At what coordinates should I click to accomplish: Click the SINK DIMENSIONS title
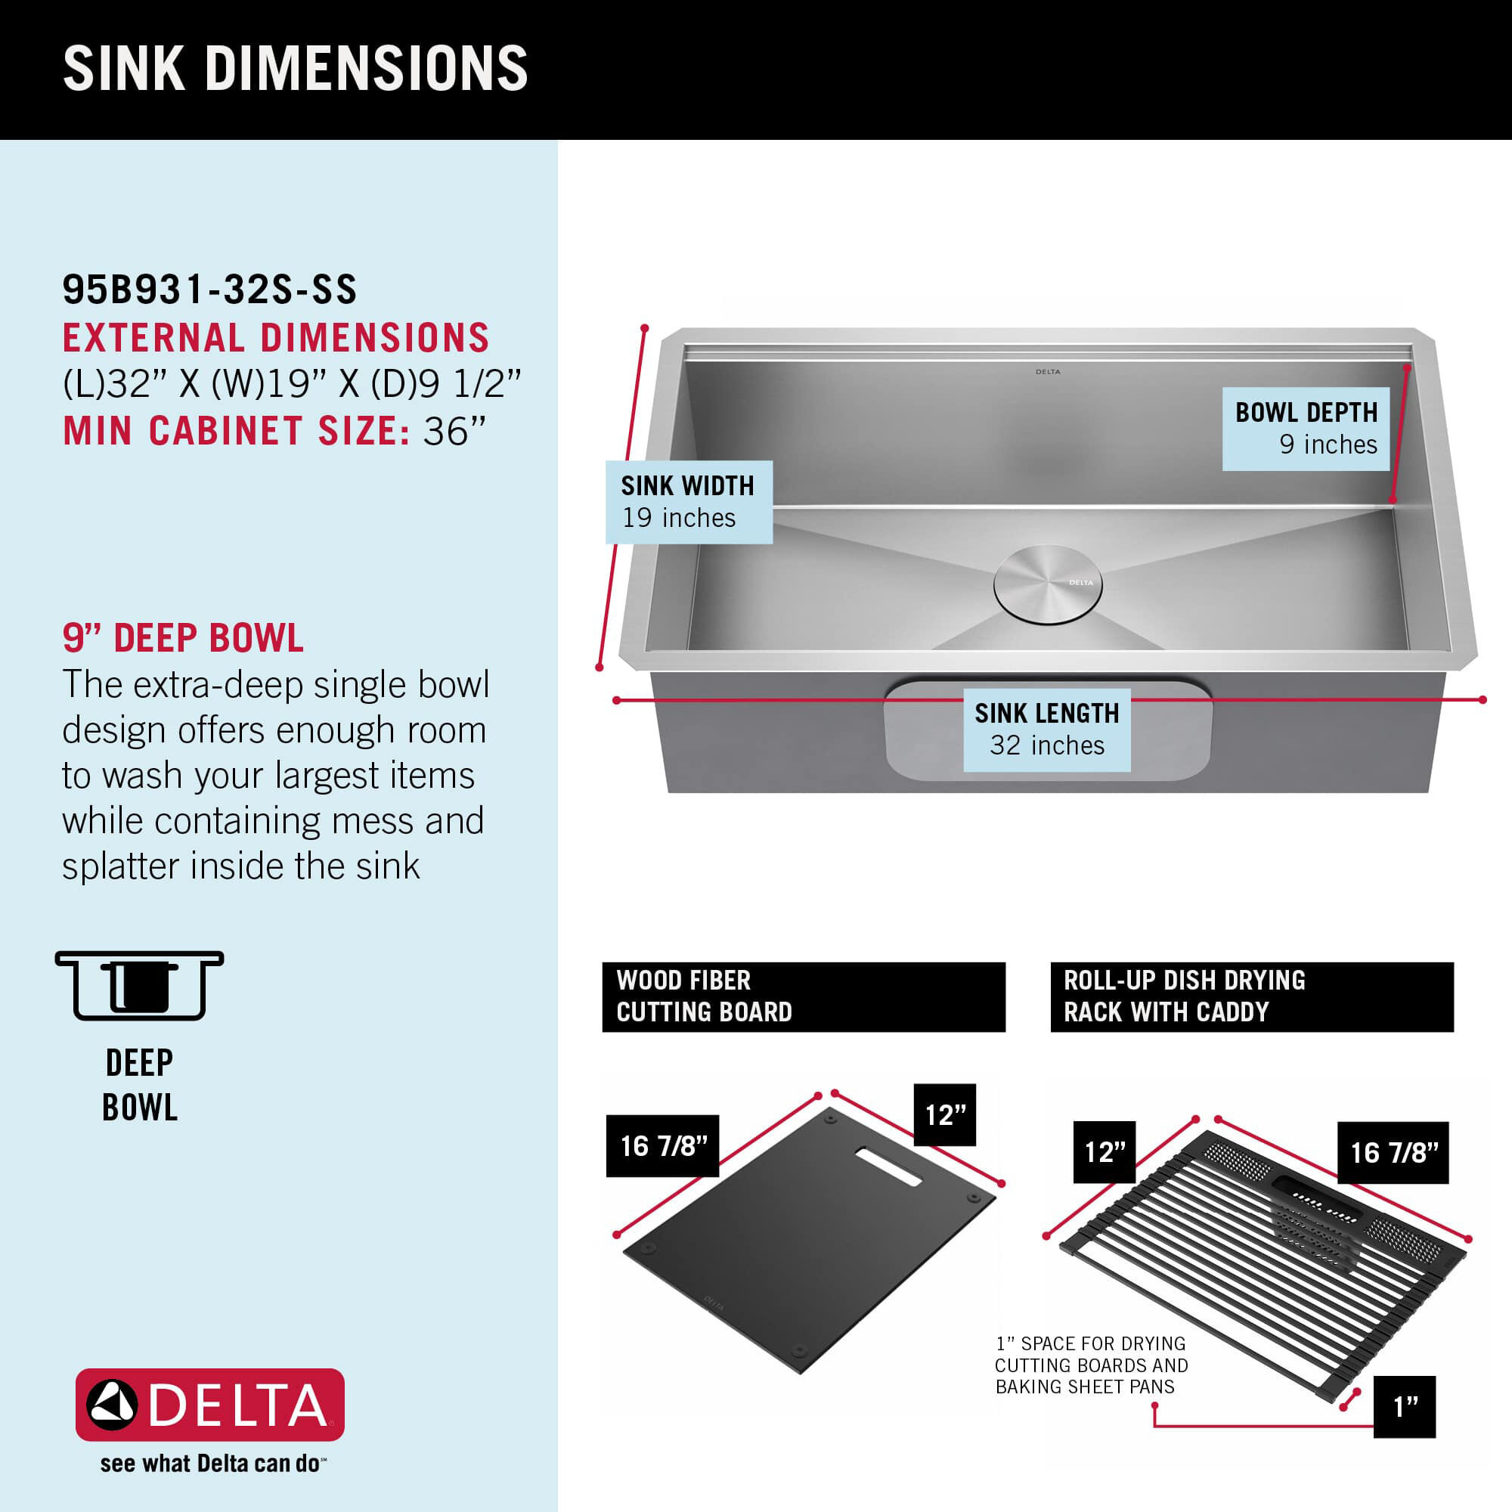[295, 69]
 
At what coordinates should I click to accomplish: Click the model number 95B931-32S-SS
[209, 290]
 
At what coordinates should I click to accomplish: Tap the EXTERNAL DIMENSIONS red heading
[275, 338]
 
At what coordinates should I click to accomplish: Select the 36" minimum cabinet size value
[454, 431]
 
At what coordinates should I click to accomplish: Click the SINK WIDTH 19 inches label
[688, 502]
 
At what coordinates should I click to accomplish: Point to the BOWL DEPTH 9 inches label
[1306, 428]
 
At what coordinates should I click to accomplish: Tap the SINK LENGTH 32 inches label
[1046, 730]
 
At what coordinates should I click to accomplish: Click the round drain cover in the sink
[1048, 584]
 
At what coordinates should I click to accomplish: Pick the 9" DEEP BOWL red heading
[183, 638]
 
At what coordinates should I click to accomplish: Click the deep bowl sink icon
[139, 985]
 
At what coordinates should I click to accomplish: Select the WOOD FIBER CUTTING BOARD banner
[803, 996]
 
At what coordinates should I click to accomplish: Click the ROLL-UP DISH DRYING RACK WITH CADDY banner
[1251, 996]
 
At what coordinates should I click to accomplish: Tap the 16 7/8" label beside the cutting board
[663, 1146]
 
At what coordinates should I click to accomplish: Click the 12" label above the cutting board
[944, 1114]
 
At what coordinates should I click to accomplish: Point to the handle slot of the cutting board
[888, 1167]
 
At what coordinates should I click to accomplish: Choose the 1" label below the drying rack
[1404, 1406]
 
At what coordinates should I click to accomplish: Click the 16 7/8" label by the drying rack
[1393, 1153]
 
